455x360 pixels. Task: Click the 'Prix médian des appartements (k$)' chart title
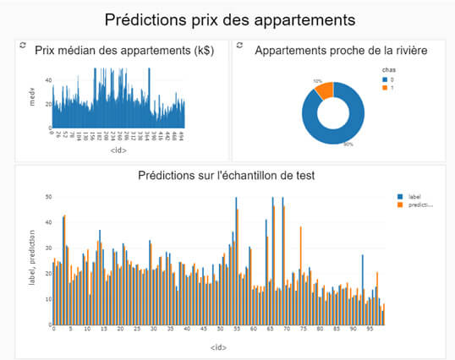123,51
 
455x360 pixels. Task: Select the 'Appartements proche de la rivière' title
341,51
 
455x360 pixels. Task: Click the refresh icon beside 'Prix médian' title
23,45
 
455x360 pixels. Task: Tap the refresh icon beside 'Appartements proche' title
239,45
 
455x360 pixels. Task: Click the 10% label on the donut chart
317,81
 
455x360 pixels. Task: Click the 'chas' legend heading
388,70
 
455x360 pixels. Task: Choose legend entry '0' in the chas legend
390,79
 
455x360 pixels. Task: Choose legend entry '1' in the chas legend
390,87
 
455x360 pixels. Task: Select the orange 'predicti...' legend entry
416,205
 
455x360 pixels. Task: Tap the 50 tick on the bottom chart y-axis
48,197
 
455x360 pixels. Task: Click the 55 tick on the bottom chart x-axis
237,331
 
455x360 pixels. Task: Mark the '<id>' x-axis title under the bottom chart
218,346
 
